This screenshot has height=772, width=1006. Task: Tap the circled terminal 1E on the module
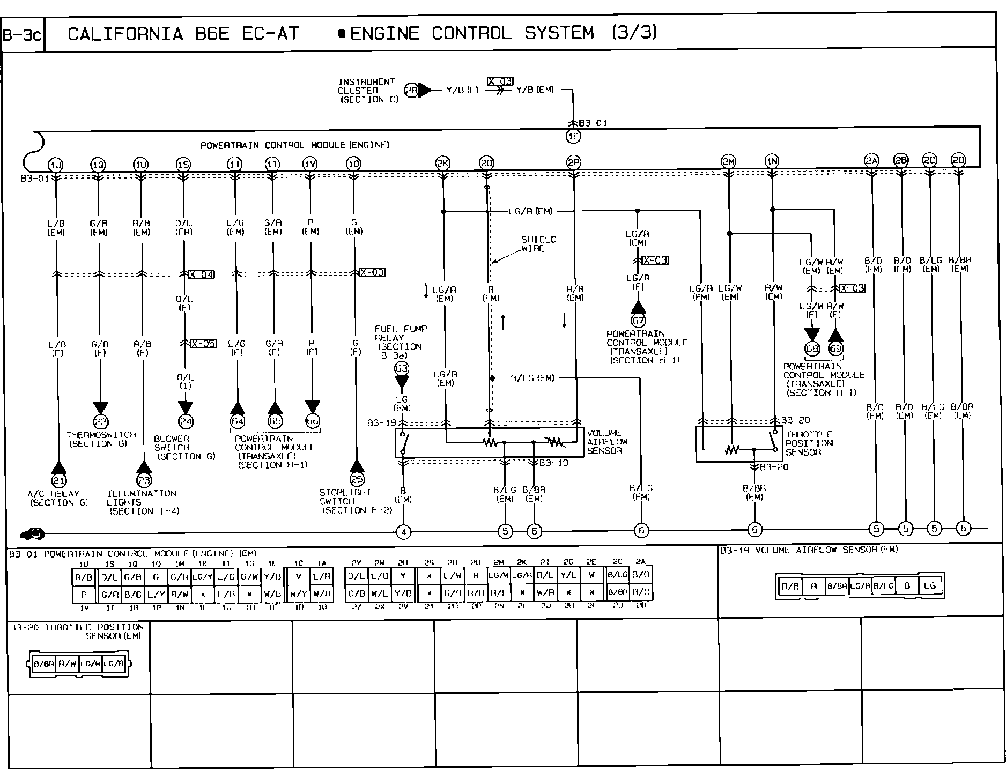coord(573,136)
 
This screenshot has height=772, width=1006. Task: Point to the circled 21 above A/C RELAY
coord(58,480)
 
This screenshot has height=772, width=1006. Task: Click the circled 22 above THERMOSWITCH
coord(101,421)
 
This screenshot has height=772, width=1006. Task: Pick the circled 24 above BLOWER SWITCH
coord(186,421)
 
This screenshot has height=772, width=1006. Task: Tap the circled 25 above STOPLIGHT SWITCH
coord(357,479)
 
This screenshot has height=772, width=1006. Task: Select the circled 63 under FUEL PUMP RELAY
coord(401,368)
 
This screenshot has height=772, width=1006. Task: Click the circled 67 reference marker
coord(638,321)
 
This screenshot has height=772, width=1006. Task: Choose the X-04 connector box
coord(202,274)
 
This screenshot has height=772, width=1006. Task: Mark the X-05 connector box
coord(203,344)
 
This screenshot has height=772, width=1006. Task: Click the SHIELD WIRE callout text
coord(539,244)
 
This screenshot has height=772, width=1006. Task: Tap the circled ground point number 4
coord(403,532)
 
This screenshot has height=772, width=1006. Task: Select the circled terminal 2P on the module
coord(573,163)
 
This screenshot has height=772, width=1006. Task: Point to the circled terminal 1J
coord(55,164)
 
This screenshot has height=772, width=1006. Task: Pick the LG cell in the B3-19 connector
coord(929,586)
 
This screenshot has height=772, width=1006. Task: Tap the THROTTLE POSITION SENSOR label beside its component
coord(809,443)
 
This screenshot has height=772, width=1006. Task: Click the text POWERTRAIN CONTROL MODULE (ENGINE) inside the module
coord(294,145)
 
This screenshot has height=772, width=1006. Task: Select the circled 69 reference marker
coord(835,349)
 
